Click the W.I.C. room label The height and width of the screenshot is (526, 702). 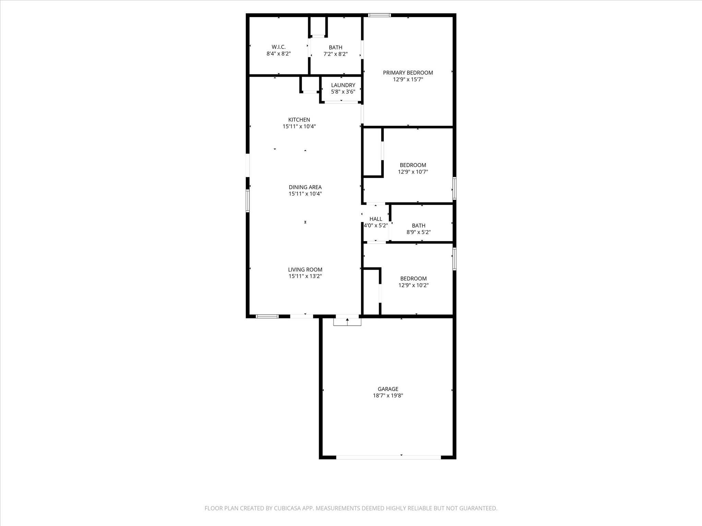pos(278,47)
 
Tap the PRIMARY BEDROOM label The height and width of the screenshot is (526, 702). pos(408,73)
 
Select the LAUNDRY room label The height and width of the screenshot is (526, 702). pos(343,85)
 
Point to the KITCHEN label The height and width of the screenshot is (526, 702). pos(299,120)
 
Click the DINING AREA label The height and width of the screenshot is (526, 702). pos(305,187)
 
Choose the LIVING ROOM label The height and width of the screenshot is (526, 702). pos(305,270)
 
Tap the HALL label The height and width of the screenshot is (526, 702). pos(376,219)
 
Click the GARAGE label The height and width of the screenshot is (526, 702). pos(388,389)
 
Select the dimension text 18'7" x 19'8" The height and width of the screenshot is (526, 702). pos(388,396)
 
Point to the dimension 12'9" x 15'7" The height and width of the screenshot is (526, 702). pos(408,79)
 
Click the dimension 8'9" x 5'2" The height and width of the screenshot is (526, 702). pos(419,232)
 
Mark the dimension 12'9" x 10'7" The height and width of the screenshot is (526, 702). pos(413,172)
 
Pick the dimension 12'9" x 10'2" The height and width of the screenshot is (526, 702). pos(413,285)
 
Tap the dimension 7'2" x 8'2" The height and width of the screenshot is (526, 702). pos(336,54)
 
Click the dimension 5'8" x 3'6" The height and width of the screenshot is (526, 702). pos(343,92)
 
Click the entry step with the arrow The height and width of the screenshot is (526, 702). pos(347,322)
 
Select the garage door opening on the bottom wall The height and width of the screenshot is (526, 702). pos(388,457)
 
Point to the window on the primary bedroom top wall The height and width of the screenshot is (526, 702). pos(379,15)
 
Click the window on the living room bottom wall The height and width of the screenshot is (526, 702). pos(267,316)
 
